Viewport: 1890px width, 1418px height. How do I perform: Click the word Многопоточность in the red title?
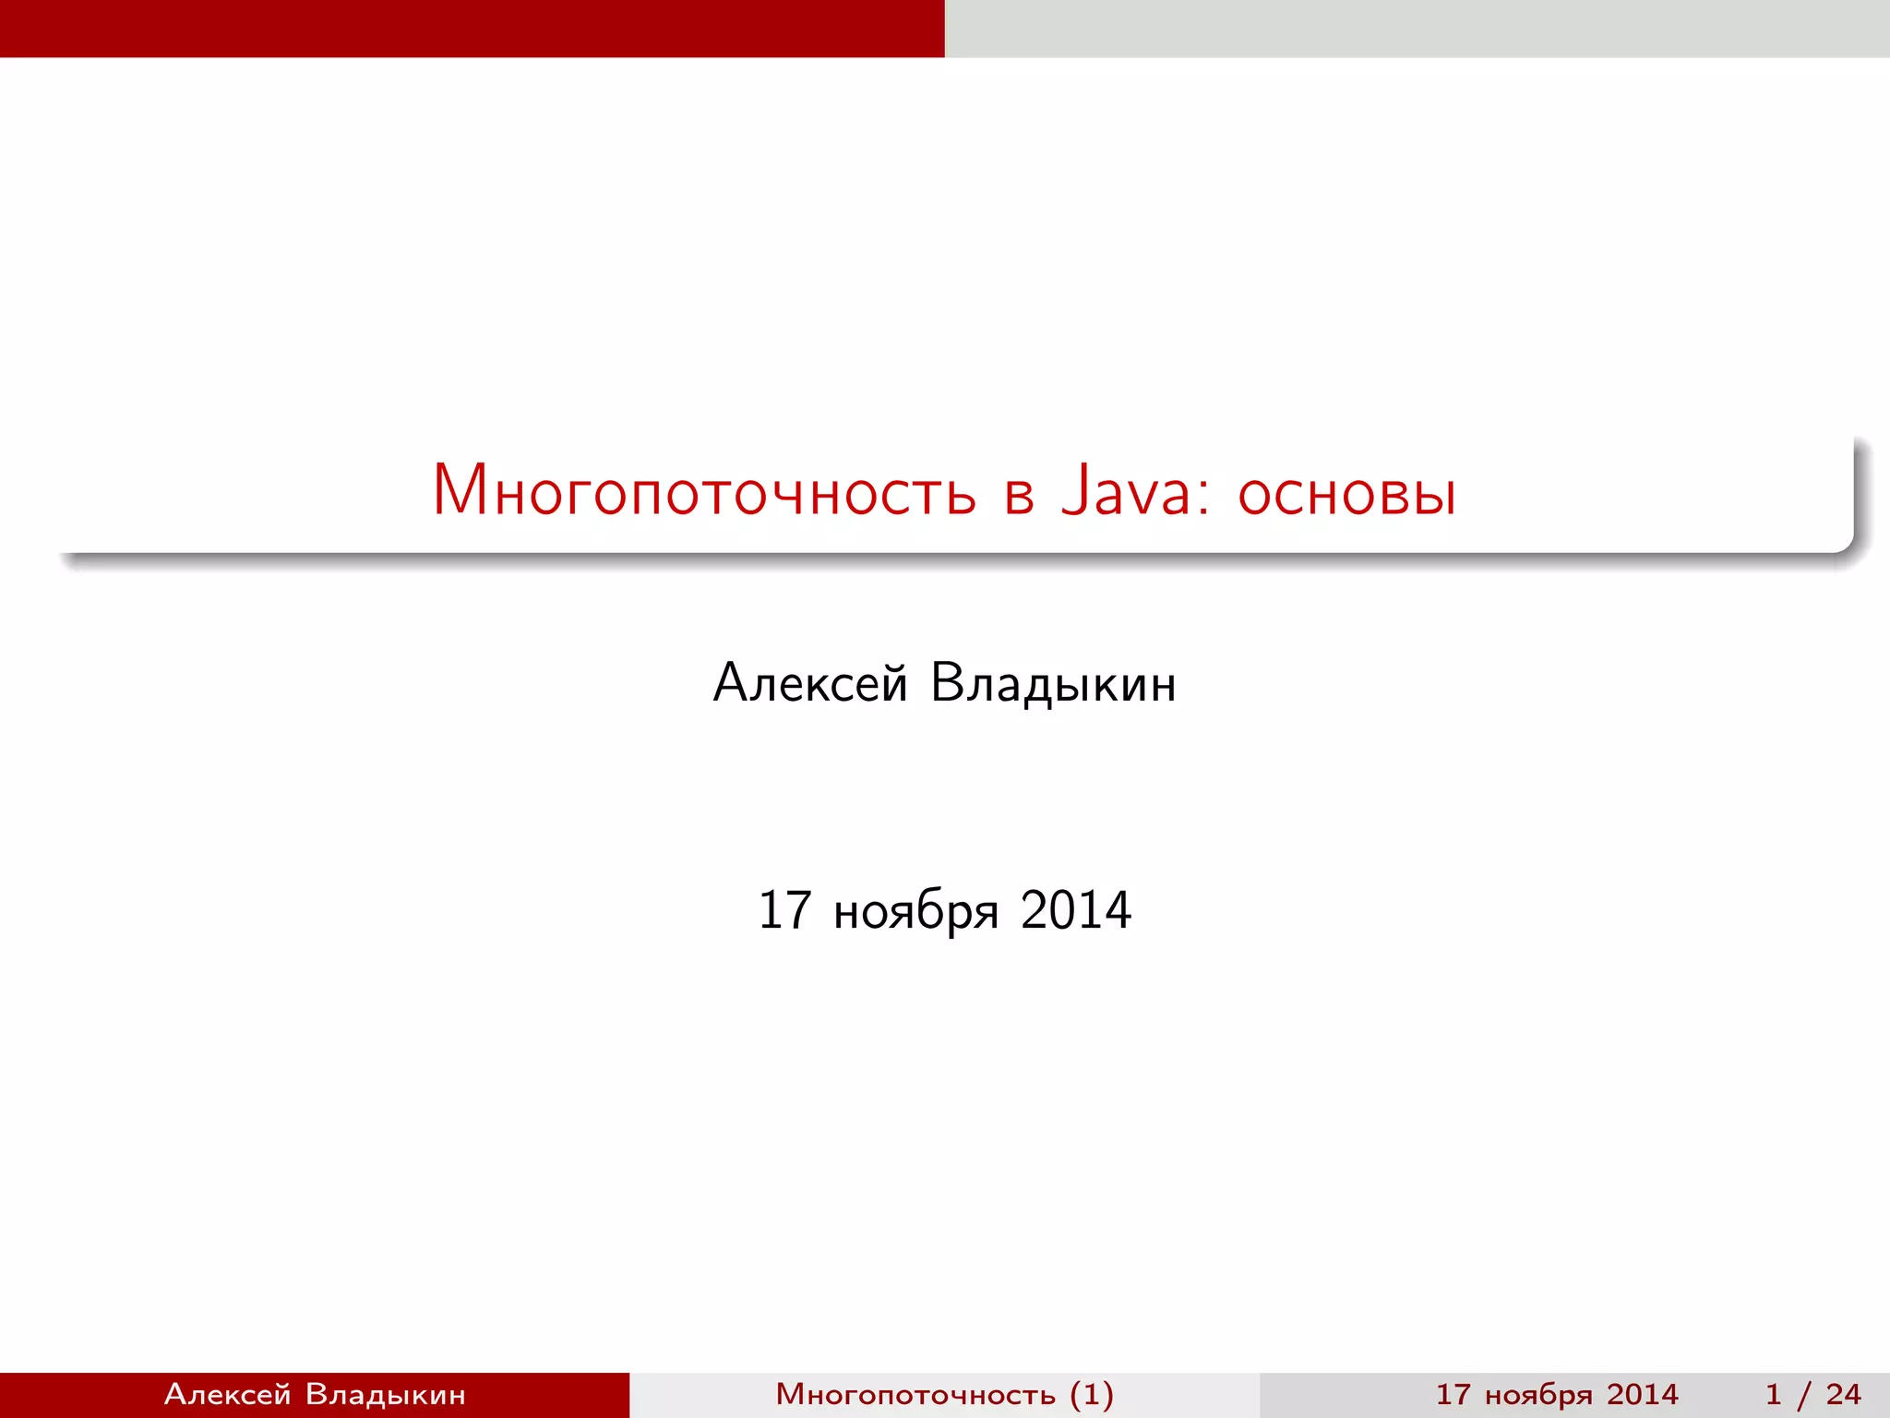(x=704, y=491)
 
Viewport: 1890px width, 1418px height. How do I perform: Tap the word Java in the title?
(x=1126, y=489)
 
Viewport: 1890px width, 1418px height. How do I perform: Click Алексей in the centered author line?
(x=810, y=684)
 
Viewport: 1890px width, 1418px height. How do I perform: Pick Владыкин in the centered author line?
(x=1053, y=684)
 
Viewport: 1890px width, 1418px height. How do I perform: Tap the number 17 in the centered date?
(x=784, y=910)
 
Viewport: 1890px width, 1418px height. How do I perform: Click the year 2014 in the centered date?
(x=1076, y=910)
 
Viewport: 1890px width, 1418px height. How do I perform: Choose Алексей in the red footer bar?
(x=227, y=1394)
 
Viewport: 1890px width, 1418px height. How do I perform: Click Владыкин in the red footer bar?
(x=385, y=1394)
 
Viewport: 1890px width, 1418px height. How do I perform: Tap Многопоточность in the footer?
(x=915, y=1394)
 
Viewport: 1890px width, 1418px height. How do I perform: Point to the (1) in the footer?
(x=1092, y=1394)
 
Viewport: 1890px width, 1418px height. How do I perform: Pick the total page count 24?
(x=1843, y=1394)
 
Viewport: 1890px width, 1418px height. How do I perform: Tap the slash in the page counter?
(x=1803, y=1394)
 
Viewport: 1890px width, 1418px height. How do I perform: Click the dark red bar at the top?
(x=472, y=28)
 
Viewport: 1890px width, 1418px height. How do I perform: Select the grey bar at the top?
(x=1417, y=28)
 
